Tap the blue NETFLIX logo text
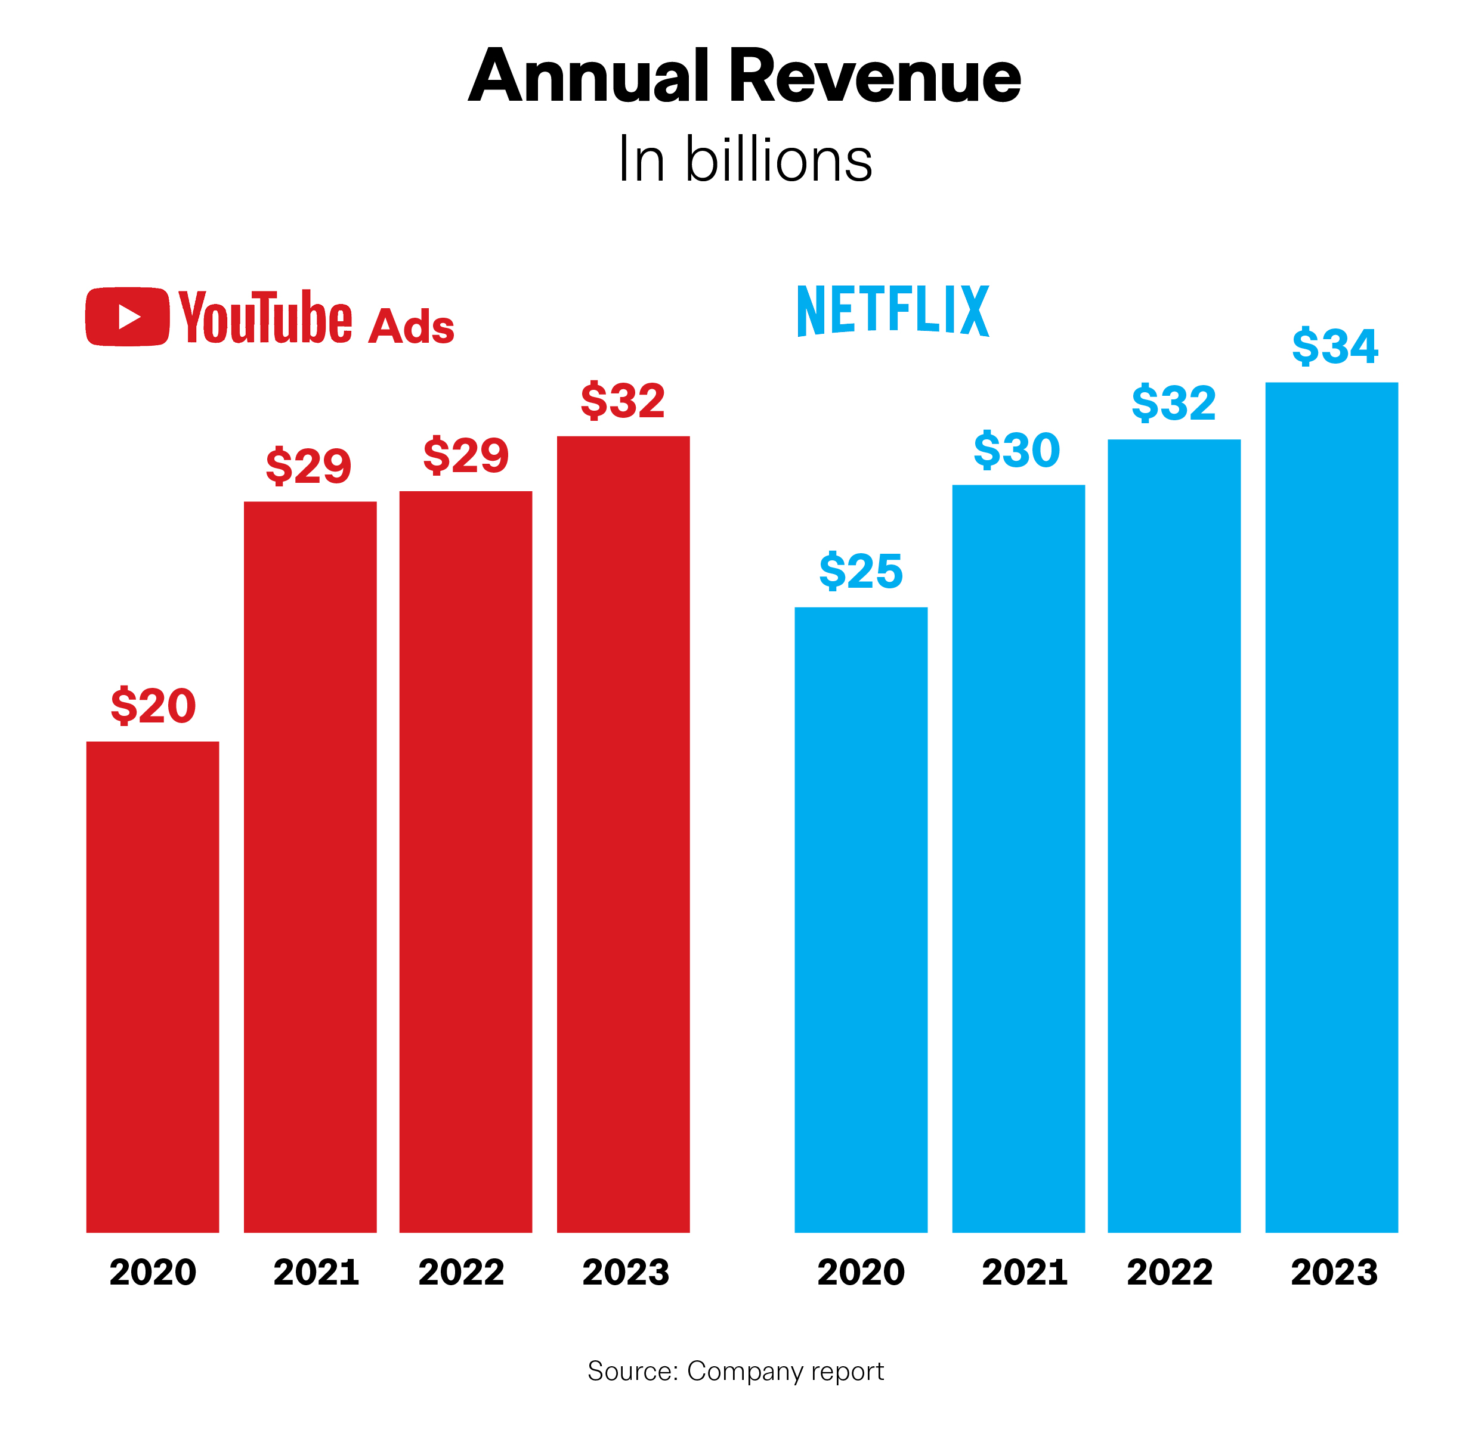892,310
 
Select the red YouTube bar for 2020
152,986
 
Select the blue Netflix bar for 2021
1018,858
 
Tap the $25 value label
861,571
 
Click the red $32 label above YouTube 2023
623,401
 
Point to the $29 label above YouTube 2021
309,466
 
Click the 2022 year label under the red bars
461,1272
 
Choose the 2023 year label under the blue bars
1334,1272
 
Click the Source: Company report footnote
735,1371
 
